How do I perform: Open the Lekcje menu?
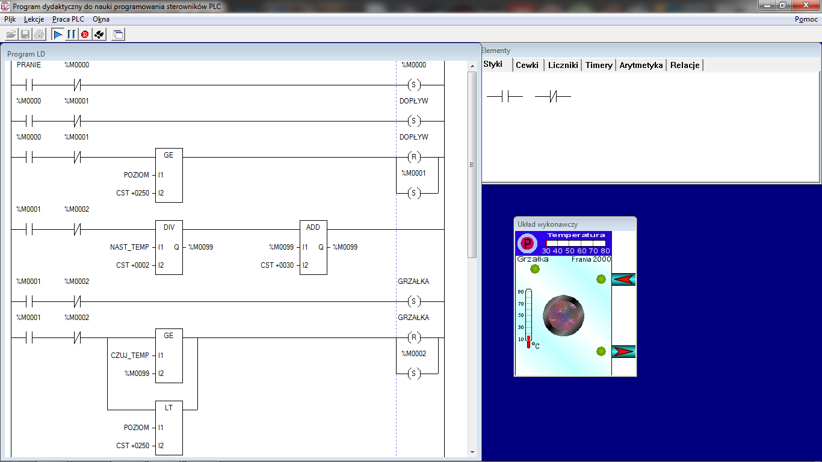coord(34,19)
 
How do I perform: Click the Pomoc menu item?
coord(806,19)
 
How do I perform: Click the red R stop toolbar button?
coord(85,34)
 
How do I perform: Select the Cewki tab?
coord(527,65)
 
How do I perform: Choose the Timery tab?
coord(599,65)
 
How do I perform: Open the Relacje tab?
coord(685,65)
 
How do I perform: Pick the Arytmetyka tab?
coord(641,65)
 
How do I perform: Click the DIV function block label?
coord(169,227)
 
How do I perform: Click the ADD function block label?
coord(313,227)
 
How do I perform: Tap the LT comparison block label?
coord(169,408)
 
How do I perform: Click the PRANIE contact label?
coord(29,65)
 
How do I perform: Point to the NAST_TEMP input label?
coord(129,247)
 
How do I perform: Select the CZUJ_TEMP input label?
coord(130,356)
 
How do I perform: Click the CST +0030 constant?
coord(277,265)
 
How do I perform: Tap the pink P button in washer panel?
coord(527,243)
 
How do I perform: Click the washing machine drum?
coord(563,316)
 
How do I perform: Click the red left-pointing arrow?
coord(623,279)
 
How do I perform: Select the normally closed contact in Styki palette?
coord(552,97)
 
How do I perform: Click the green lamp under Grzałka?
coord(535,269)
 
